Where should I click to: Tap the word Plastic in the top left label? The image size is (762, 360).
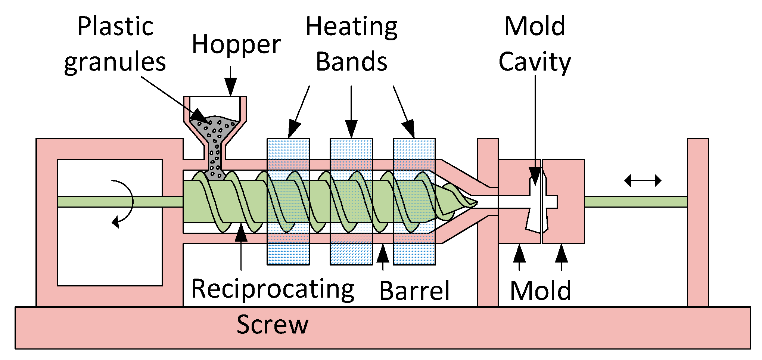tap(115, 27)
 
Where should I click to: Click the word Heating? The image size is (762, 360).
tap(351, 27)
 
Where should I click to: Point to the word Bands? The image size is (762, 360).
tap(351, 62)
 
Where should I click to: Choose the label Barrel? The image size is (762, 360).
tap(414, 291)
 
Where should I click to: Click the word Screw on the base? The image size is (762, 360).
tap(273, 324)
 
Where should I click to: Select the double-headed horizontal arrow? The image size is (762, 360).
tap(643, 181)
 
